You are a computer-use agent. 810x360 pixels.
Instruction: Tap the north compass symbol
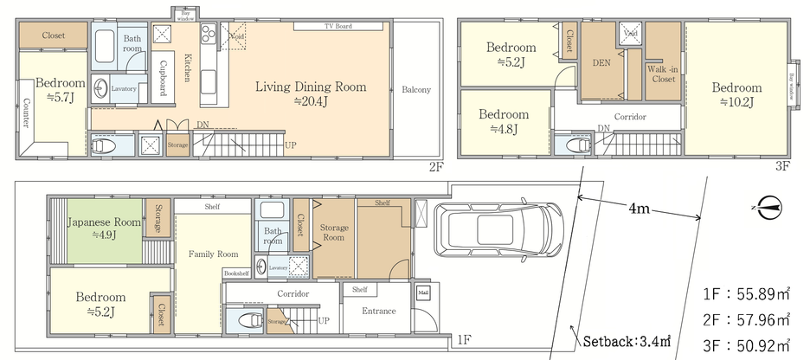point(768,207)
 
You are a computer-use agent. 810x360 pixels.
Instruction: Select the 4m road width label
point(640,208)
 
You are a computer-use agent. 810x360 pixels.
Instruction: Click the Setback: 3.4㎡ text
point(626,341)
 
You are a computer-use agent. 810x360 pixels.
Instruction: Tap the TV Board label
point(325,26)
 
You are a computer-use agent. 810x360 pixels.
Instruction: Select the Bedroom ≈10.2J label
point(737,93)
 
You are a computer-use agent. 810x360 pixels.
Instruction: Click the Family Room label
point(214,254)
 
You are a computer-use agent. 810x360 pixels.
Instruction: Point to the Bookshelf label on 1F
point(236,273)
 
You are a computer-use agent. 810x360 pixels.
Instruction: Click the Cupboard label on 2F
point(162,79)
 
